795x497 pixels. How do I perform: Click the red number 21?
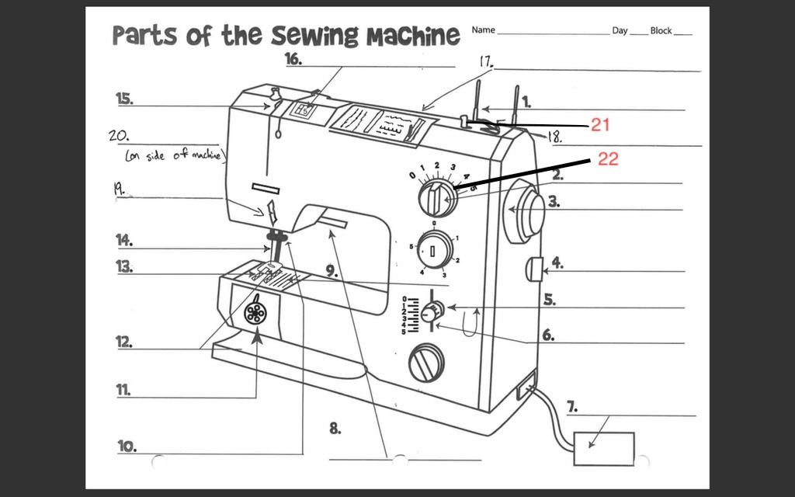click(602, 124)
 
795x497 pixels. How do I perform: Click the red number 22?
click(608, 158)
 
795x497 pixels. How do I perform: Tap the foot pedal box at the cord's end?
click(603, 448)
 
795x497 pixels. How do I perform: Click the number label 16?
click(293, 59)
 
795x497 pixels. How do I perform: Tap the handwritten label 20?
click(119, 134)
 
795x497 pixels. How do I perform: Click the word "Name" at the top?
click(483, 30)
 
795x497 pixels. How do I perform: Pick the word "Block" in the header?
click(661, 30)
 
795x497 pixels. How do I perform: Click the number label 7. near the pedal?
click(571, 406)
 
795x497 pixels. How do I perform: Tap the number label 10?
click(127, 446)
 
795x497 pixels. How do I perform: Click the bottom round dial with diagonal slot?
click(426, 362)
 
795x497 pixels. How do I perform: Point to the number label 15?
click(124, 99)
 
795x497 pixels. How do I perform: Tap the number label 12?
click(124, 342)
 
